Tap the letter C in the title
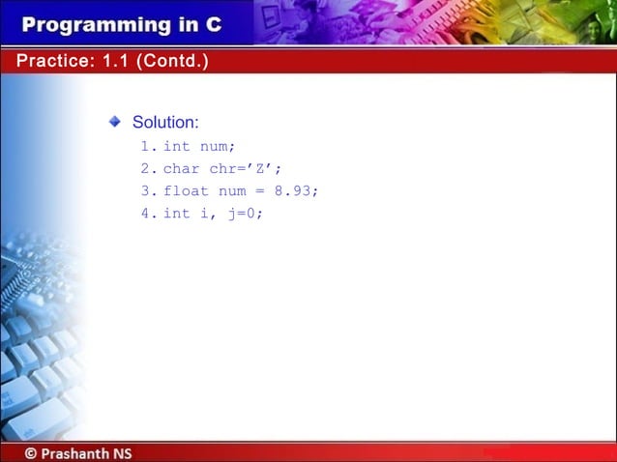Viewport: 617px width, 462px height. point(213,24)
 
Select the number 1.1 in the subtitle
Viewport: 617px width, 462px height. point(117,62)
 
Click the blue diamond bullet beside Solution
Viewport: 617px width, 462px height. point(115,122)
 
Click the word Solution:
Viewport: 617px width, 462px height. point(165,123)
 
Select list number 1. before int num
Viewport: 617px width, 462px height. point(147,147)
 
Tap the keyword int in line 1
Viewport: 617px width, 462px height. point(176,147)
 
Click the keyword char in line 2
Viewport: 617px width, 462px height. point(181,169)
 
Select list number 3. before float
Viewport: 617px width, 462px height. point(147,191)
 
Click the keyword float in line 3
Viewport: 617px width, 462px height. point(184,191)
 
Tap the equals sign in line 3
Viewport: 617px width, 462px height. point(260,191)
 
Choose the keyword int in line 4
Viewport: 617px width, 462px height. point(176,214)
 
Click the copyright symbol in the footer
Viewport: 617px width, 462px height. point(32,452)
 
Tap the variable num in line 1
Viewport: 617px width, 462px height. point(217,147)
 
